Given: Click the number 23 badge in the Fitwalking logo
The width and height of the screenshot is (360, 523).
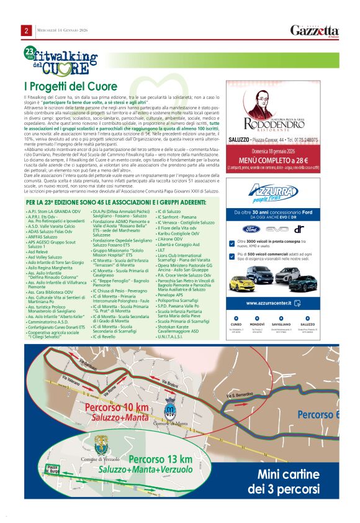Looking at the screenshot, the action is [29, 52].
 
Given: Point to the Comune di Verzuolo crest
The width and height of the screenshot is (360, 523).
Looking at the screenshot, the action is [101, 443].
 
